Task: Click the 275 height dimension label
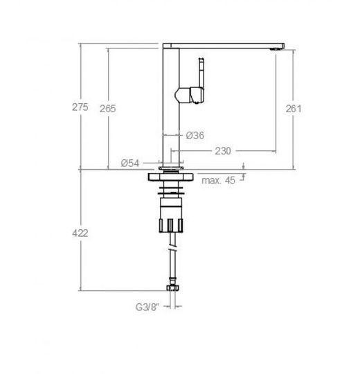click(x=80, y=107)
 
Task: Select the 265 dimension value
click(x=108, y=109)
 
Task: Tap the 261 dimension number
click(x=294, y=109)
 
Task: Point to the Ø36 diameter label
click(x=195, y=136)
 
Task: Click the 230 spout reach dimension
click(x=223, y=151)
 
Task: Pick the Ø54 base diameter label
click(x=130, y=163)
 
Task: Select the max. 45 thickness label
click(x=218, y=180)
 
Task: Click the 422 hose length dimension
click(x=80, y=233)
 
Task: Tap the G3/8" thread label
click(x=147, y=307)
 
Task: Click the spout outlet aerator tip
click(x=274, y=49)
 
